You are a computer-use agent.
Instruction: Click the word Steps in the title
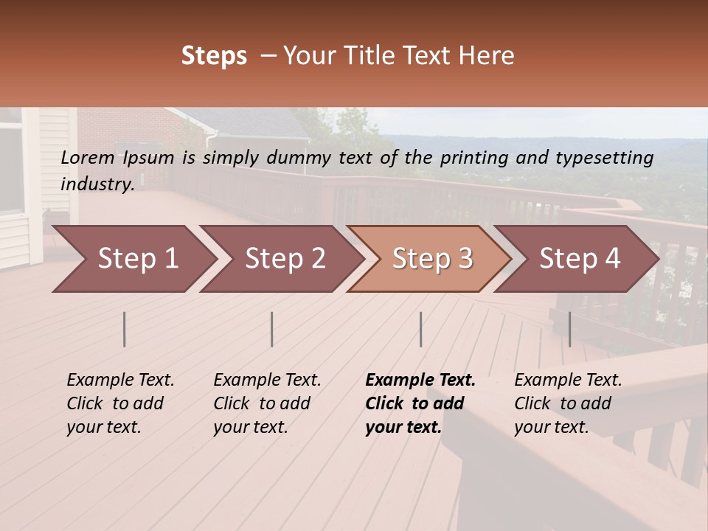click(214, 56)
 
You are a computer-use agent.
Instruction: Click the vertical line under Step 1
click(125, 329)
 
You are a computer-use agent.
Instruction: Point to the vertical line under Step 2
click(272, 329)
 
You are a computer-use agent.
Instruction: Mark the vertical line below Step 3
click(421, 329)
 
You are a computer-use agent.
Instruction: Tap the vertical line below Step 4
click(570, 329)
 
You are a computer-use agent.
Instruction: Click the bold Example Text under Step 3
click(420, 403)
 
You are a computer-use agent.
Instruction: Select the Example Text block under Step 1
click(120, 403)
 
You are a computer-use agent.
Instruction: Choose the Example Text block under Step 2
click(267, 403)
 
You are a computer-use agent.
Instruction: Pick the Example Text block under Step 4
click(568, 403)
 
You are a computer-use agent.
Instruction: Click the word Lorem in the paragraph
click(88, 157)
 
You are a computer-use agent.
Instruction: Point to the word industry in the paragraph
click(97, 184)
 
